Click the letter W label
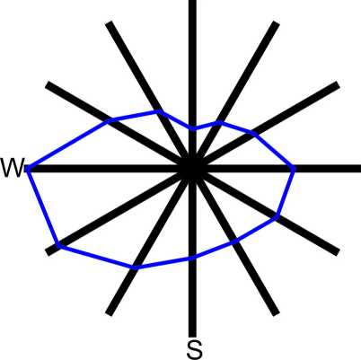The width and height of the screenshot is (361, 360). [12, 168]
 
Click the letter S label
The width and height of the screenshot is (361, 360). [194, 350]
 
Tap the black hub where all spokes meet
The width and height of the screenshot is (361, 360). [193, 169]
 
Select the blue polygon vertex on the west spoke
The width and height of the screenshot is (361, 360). [28, 169]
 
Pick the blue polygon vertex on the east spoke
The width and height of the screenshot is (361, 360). [294, 169]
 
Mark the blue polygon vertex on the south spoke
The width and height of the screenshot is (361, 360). [193, 258]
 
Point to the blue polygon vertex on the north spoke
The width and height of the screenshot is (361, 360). [193, 128]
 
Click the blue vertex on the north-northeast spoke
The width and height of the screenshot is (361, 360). [219, 122]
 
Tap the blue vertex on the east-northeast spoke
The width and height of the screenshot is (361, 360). [253, 133]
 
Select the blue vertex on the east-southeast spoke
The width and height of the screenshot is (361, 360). [276, 216]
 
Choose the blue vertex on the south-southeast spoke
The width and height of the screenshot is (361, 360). [235, 241]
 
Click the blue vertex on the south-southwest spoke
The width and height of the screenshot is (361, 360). [136, 267]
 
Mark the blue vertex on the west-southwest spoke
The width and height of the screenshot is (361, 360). [59, 246]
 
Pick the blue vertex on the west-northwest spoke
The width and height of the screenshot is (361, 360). [110, 120]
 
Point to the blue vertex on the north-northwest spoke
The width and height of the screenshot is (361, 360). [160, 112]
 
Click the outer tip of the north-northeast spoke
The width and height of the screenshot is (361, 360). [277, 23]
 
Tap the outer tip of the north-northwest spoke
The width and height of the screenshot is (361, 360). [110, 23]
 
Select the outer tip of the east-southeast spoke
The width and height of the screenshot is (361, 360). [339, 252]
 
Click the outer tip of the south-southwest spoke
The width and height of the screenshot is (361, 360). [110, 313]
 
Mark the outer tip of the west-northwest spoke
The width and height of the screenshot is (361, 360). [48, 84]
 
